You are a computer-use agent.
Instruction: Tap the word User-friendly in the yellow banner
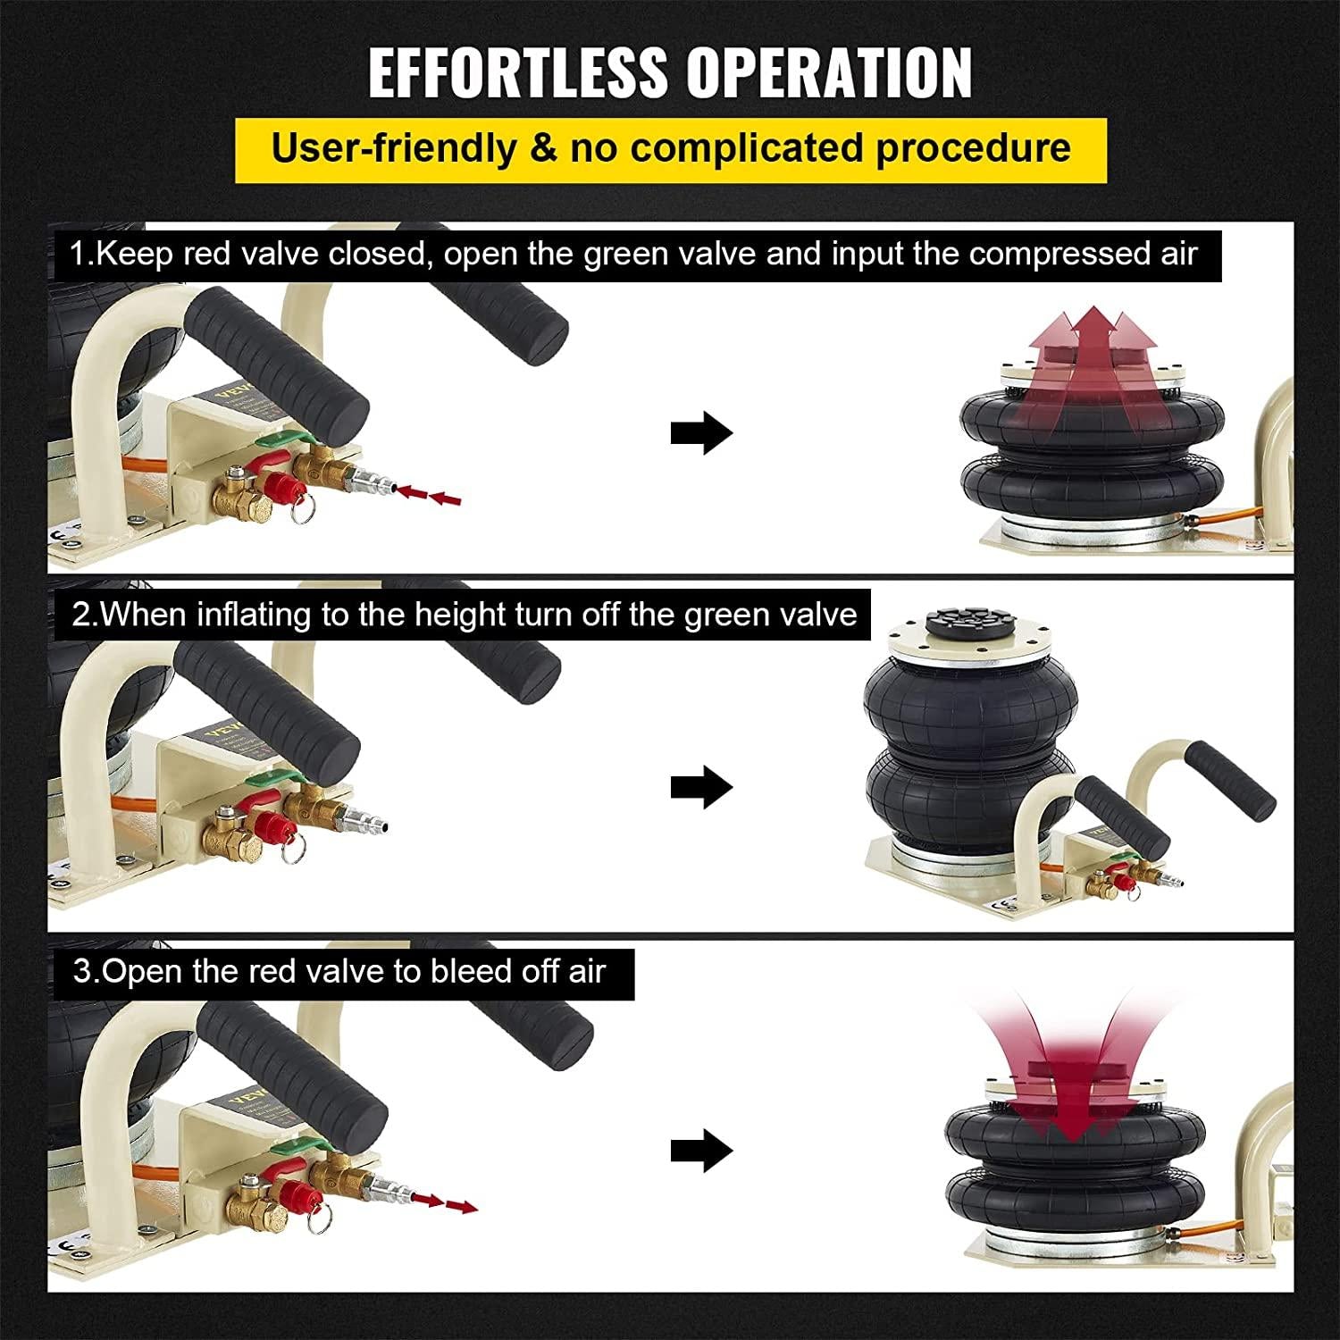click(394, 147)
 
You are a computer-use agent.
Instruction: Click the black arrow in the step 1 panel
click(702, 433)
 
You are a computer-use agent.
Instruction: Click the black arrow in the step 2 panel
click(702, 787)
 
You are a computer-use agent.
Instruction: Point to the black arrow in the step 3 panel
click(702, 1151)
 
